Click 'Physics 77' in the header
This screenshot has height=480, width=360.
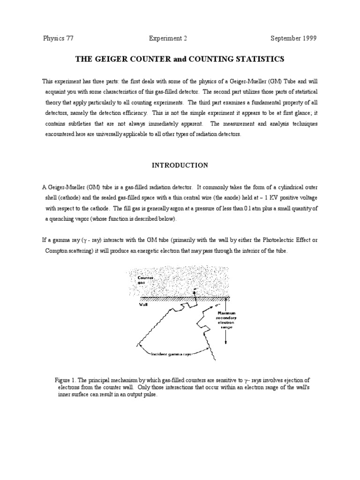[58, 38]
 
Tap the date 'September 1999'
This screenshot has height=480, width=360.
[293, 38]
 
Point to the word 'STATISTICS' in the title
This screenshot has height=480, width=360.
[259, 59]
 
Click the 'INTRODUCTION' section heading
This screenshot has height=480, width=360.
[180, 165]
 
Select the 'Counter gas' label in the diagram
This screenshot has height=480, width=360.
[145, 281]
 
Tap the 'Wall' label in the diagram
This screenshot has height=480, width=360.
[142, 303]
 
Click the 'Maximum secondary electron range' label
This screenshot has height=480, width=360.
[226, 321]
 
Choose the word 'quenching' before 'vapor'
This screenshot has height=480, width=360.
[65, 219]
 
